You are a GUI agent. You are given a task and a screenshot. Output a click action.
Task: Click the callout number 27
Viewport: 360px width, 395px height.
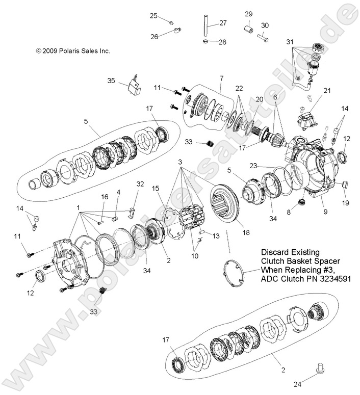click(x=223, y=23)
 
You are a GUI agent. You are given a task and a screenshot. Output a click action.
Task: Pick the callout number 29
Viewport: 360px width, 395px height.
click(x=248, y=13)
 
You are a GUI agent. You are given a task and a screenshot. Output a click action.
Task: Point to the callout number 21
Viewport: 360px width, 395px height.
click(x=327, y=90)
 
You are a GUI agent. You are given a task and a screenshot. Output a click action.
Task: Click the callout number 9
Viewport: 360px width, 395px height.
click(x=310, y=209)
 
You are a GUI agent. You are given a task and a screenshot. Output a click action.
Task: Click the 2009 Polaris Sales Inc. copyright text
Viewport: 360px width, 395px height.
click(x=72, y=51)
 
